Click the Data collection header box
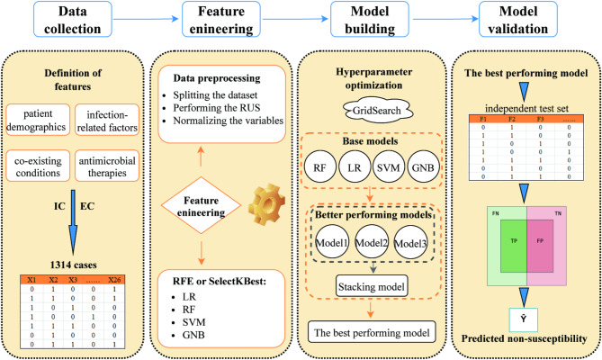pos(73,19)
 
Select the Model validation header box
pos(518,19)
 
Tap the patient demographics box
pos(38,120)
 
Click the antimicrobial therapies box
pos(107,166)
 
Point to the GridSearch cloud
pos(377,111)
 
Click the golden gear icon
pos(266,204)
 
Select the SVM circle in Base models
pos(389,167)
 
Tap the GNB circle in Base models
pos(423,167)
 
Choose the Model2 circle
pos(372,242)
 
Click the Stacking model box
pos(372,286)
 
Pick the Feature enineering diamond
pos(201,205)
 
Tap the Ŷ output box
pos(524,319)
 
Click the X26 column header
pos(114,280)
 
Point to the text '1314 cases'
pos(73,265)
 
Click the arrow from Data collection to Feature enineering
pos(146,19)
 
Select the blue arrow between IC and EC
pos(73,222)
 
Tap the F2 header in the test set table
pos(511,119)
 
